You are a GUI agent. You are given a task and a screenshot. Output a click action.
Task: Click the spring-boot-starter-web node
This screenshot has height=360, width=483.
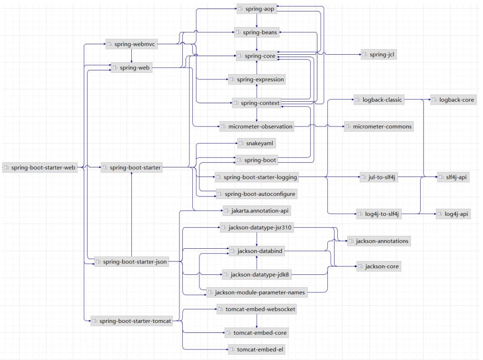pyautogui.click(x=40, y=167)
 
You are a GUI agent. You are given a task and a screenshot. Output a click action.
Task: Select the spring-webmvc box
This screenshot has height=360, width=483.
pyautogui.click(x=132, y=44)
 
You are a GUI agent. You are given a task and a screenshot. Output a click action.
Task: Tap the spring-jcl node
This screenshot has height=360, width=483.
pyautogui.click(x=379, y=55)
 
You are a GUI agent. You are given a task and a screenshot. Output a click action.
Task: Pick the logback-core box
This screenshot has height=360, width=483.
pyautogui.click(x=453, y=100)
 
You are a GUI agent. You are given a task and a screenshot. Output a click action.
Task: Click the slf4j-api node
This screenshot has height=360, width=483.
pyautogui.click(x=453, y=177)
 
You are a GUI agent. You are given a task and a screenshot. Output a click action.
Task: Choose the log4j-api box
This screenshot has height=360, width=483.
pyautogui.click(x=453, y=214)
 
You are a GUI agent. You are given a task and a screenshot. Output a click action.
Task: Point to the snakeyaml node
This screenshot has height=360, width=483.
pyautogui.click(x=256, y=143)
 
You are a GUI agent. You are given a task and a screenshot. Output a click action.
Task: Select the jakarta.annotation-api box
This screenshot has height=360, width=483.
pyautogui.click(x=256, y=211)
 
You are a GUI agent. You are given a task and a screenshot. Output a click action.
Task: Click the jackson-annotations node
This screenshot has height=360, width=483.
pyautogui.click(x=379, y=241)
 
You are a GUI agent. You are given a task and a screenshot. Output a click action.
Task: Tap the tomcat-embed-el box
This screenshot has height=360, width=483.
pyautogui.click(x=257, y=350)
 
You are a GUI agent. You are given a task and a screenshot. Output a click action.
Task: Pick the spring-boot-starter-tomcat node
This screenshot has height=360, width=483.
pyautogui.click(x=132, y=321)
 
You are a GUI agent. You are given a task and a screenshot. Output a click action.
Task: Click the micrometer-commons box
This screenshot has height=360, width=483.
pyautogui.click(x=379, y=126)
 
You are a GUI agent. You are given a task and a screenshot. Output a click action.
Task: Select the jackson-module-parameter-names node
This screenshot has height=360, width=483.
pyautogui.click(x=256, y=292)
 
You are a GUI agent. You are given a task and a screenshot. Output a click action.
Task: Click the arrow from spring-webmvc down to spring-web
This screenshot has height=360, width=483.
pyautogui.click(x=131, y=56)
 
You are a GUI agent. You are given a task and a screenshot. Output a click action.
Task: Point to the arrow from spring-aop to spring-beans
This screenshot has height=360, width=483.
pyautogui.click(x=256, y=20)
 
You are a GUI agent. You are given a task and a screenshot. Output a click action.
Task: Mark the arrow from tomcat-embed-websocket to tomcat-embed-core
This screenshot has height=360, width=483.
pyautogui.click(x=256, y=321)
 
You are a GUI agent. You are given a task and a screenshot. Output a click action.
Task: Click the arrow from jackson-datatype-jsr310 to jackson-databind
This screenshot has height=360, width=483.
pyautogui.click(x=256, y=239)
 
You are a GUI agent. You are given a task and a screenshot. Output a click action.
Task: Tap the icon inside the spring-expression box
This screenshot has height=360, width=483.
pyautogui.click(x=232, y=79)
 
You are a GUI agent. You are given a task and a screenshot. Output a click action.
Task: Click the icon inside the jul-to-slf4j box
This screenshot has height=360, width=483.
pyautogui.click(x=364, y=177)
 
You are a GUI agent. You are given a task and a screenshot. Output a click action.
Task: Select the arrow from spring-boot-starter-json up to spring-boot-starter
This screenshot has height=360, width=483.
pyautogui.click(x=131, y=214)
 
